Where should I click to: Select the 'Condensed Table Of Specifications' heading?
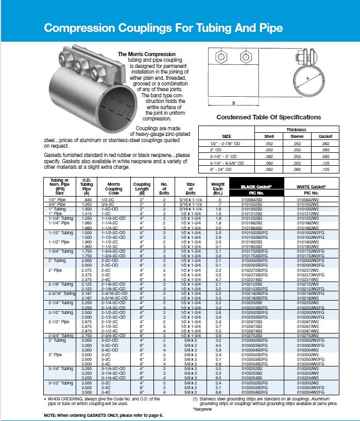click(x=268, y=117)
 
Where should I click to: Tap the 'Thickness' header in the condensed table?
click(x=296, y=130)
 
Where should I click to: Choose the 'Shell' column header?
click(x=269, y=136)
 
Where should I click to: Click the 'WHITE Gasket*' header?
click(x=312, y=186)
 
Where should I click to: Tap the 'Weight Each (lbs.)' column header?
click(x=218, y=187)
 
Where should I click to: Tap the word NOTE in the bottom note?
click(x=50, y=415)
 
